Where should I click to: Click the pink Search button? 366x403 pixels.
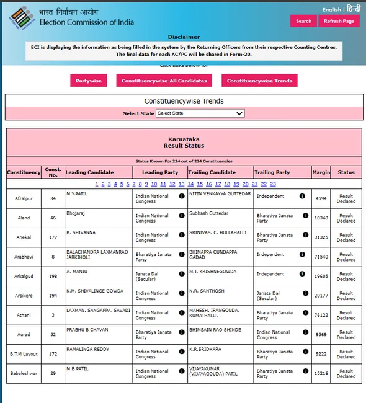coord(303,21)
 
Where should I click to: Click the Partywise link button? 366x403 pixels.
coord(89,81)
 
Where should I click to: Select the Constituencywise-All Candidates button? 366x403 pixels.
coord(164,81)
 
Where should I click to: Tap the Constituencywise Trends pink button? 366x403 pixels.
coord(259,81)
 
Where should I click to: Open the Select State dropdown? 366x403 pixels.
coord(200,113)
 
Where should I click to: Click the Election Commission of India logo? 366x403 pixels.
coord(22,17)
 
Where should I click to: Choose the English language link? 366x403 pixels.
coord(331,10)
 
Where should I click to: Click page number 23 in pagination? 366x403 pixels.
coord(272,184)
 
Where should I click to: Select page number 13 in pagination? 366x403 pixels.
coord(181,184)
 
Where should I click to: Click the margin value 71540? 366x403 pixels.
coord(321,255)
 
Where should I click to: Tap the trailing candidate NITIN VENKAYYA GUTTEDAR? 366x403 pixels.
coord(220,194)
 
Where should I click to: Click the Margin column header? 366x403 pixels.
coord(321,172)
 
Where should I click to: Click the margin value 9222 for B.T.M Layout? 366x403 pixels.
coord(321,353)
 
